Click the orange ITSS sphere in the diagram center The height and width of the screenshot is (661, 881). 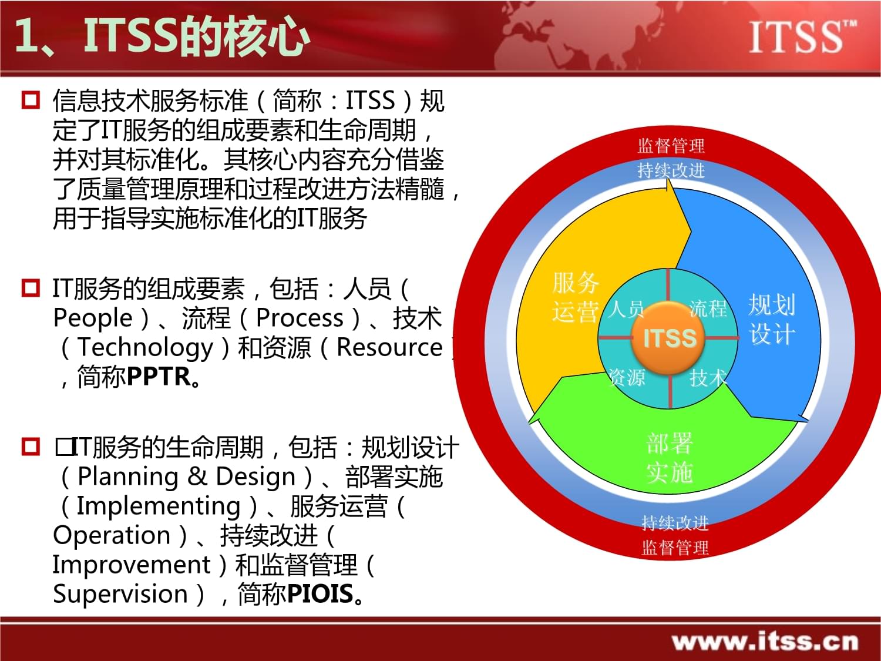point(669,338)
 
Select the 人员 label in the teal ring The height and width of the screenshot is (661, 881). point(626,308)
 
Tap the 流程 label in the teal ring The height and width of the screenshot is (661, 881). point(708,308)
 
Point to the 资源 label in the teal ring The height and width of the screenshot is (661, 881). point(626,377)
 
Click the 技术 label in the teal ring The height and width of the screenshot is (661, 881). point(708,377)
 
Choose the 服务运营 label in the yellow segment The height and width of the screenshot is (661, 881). point(575,297)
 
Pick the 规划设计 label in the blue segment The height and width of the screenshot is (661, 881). point(772,320)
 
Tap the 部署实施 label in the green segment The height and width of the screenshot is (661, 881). point(670,458)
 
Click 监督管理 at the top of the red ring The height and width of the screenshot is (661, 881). point(671,146)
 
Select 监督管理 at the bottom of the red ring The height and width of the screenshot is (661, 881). point(675,548)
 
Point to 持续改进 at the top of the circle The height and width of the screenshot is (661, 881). point(671,170)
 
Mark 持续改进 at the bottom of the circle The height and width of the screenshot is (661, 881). point(675,522)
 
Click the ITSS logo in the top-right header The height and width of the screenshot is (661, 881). point(802,36)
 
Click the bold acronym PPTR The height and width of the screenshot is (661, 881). point(159,377)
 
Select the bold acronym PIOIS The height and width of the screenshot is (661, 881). point(320,594)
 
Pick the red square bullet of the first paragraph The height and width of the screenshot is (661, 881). point(31,100)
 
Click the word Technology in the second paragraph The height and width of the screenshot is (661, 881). point(145,347)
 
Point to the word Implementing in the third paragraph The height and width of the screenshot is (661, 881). point(159,506)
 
